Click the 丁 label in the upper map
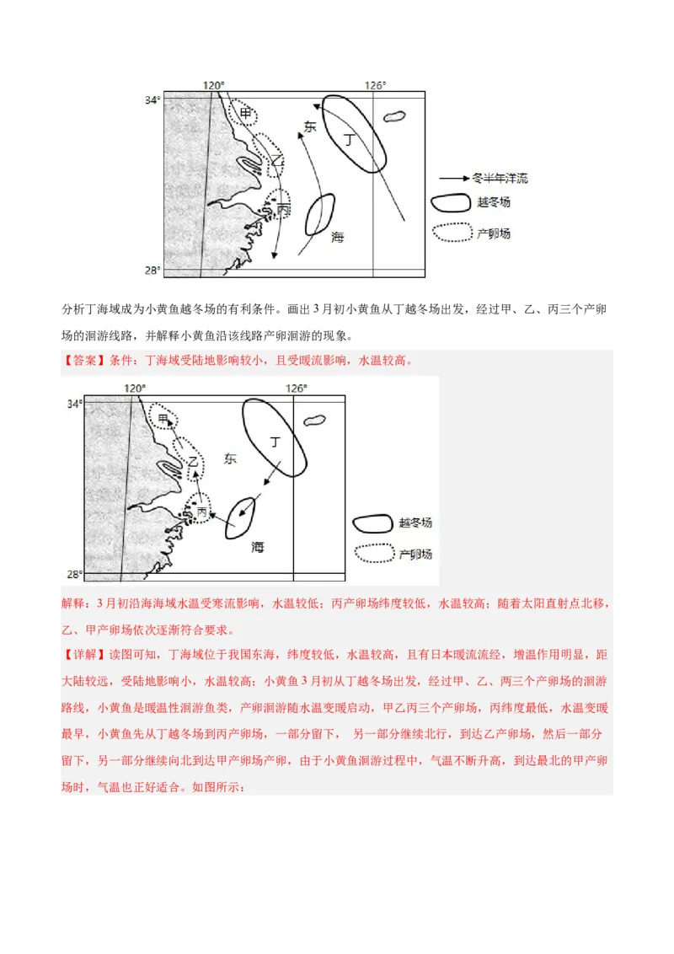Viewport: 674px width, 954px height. (349, 140)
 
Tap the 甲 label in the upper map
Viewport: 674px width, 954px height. (245, 113)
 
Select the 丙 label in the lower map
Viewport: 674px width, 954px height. (202, 512)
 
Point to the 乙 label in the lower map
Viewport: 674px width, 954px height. (193, 462)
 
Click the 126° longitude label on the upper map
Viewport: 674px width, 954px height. (375, 85)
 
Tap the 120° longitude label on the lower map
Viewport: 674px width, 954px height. (135, 388)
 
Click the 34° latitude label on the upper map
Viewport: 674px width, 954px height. (152, 100)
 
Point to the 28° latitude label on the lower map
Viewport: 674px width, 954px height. (73, 575)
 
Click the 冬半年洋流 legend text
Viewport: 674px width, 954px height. (500, 179)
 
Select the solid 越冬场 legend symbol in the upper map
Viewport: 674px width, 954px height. (450, 203)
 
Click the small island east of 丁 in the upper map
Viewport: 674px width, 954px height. (393, 117)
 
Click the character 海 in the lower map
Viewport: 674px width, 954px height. (258, 547)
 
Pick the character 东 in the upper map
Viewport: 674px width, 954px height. (309, 126)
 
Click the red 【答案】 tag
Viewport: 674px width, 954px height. (80, 361)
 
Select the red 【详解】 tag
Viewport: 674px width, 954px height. (80, 654)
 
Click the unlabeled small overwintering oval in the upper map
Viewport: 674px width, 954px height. (319, 214)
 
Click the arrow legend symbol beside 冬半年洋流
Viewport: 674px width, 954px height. (453, 179)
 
